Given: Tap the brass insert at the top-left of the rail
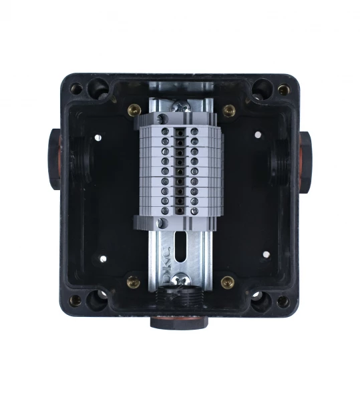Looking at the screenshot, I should coord(133,110).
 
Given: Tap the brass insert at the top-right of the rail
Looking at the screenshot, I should coord(229,110).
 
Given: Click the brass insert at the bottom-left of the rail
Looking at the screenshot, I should coord(133,282).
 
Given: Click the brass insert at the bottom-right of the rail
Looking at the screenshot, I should coord(228,282).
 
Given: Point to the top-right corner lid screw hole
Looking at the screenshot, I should coord(284,89).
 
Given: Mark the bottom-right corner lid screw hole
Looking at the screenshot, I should coord(283,301).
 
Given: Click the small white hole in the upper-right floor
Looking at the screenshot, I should coord(258,135).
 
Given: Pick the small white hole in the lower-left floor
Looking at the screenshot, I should coord(102,257).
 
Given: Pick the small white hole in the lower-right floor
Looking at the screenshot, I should coord(265,254).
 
